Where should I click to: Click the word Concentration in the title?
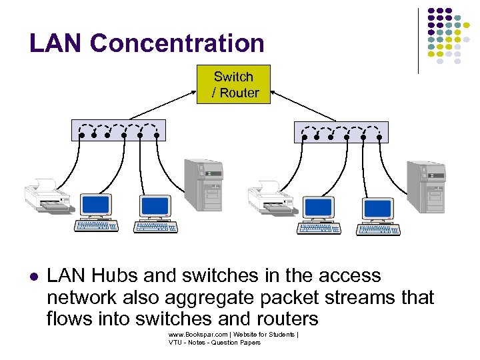(x=177, y=43)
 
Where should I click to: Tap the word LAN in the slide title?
(x=56, y=43)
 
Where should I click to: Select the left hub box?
(x=118, y=130)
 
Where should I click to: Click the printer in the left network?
(x=47, y=197)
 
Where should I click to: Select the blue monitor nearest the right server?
(x=378, y=209)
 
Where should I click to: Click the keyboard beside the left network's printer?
(x=97, y=226)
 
